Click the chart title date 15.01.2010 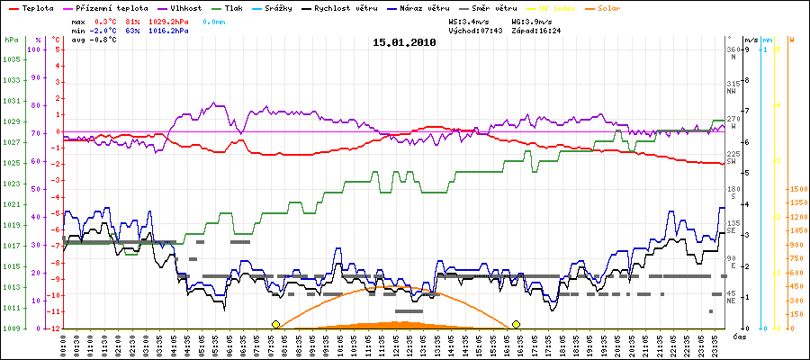[x=404, y=41]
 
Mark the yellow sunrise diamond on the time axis [x=276, y=324]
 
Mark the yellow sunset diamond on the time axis [x=517, y=324]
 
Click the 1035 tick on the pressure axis [x=11, y=60]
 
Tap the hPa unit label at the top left [x=11, y=40]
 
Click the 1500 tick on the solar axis [x=796, y=189]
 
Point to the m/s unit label [x=751, y=40]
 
